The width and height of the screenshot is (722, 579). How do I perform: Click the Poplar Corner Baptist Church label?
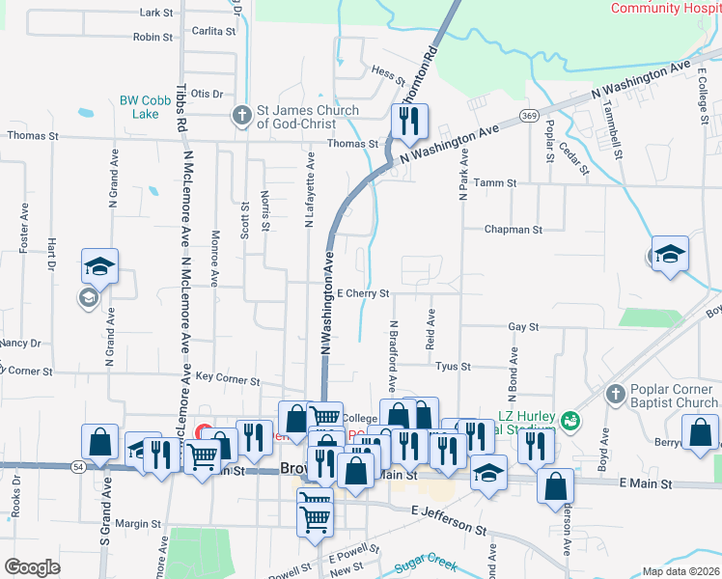[x=670, y=395]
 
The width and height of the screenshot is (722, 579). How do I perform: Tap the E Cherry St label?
[x=362, y=293]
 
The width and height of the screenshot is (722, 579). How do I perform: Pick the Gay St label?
[x=523, y=327]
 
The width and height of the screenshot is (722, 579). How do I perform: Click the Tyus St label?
[x=453, y=367]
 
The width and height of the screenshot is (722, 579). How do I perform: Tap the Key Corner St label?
[x=223, y=378]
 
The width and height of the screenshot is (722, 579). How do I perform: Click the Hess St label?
[x=386, y=71]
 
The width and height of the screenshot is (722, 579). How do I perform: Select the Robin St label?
[x=153, y=38]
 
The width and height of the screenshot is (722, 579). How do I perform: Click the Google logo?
[x=32, y=567]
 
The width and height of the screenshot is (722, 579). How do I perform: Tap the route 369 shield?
[x=528, y=115]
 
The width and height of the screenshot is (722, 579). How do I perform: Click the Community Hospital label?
[x=665, y=8]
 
